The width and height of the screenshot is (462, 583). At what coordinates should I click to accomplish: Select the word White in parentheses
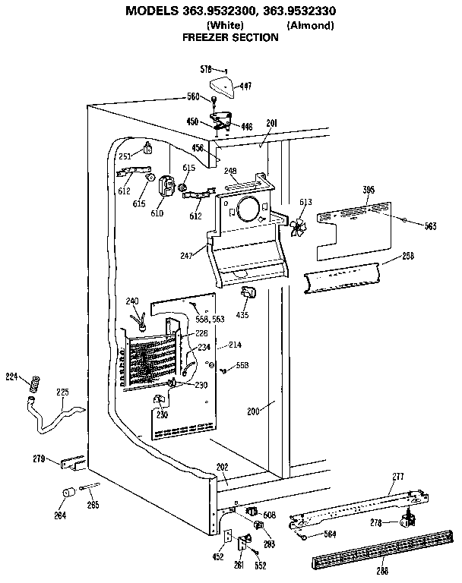coord(225,24)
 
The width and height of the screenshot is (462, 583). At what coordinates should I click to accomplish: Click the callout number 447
coord(246,87)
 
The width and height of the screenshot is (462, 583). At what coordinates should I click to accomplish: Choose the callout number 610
coord(157,214)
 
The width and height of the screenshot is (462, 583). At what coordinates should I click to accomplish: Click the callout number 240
coord(133,302)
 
